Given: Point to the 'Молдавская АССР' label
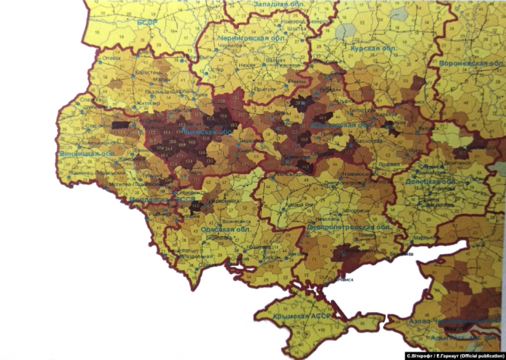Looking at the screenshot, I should [151, 200].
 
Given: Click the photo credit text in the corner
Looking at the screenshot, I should [453, 355].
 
